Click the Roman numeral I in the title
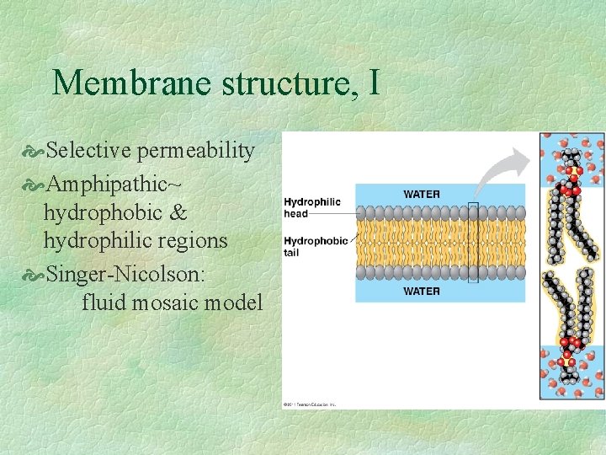point(373,83)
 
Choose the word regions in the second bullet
point(193,241)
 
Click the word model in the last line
point(238,302)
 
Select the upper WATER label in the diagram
point(421,194)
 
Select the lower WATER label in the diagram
point(421,291)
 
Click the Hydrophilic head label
point(312,207)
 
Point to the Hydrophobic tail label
point(315,246)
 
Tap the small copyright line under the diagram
point(309,404)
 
